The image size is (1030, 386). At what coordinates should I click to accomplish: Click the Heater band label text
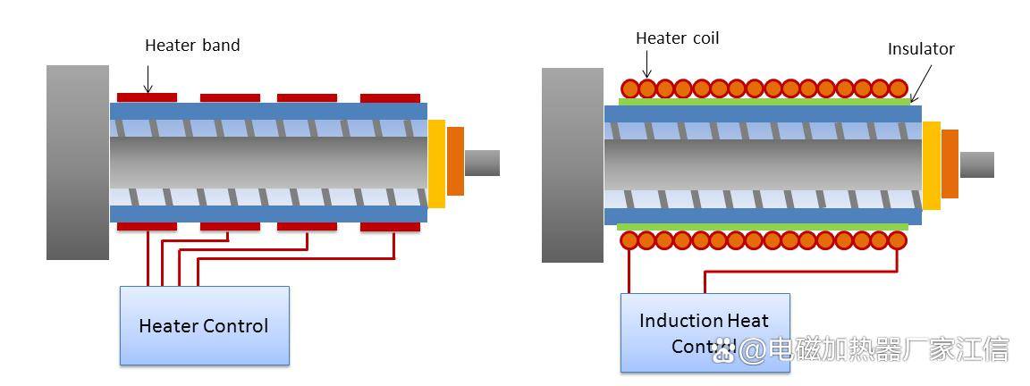coord(192,46)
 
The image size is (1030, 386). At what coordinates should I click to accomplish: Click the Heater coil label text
coord(677,38)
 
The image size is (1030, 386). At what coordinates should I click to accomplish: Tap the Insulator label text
coord(920,50)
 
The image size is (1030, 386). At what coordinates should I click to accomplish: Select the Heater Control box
coord(204,325)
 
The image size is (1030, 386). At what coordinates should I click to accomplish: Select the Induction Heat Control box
coord(705,331)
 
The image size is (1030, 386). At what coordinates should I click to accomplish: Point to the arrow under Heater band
coord(148,81)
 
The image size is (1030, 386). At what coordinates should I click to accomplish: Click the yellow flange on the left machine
coord(436,163)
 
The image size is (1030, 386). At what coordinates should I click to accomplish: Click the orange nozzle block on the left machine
coord(455,162)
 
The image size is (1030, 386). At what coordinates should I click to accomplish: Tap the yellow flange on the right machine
coord(931,164)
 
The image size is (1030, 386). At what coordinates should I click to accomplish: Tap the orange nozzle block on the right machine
coord(950,164)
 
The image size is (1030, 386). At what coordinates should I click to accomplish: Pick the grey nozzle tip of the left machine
coord(482,163)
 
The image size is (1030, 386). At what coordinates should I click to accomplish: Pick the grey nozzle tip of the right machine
coord(976,164)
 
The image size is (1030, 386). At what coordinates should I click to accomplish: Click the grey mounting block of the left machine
coord(78,162)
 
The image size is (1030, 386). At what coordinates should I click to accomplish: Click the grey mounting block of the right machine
coord(572,165)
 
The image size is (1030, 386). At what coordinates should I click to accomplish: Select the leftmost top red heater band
coord(147,96)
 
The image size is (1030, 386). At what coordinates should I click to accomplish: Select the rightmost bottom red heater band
coord(390,227)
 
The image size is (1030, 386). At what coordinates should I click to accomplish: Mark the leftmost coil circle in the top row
coord(630,88)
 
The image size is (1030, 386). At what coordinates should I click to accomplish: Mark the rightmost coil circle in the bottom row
coord(898,240)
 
